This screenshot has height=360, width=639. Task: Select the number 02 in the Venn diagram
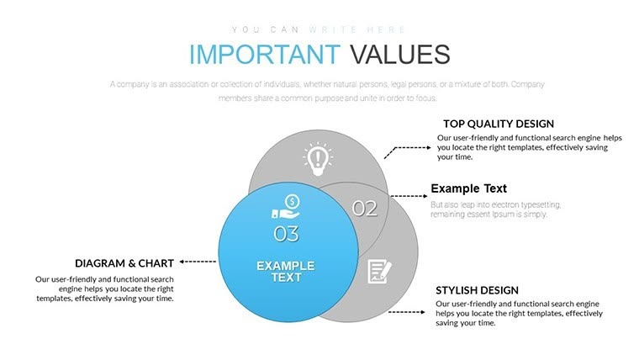[364, 209]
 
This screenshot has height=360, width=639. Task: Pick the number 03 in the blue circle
[286, 233]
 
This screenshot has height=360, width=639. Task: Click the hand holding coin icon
[286, 207]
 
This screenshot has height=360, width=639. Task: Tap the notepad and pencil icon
[380, 271]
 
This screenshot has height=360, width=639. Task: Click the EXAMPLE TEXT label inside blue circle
[285, 271]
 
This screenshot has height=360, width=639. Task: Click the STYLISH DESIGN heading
[477, 289]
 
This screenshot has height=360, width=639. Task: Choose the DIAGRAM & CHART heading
[124, 263]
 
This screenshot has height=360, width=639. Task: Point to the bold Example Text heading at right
[468, 188]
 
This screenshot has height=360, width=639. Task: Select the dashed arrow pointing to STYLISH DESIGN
[406, 311]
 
